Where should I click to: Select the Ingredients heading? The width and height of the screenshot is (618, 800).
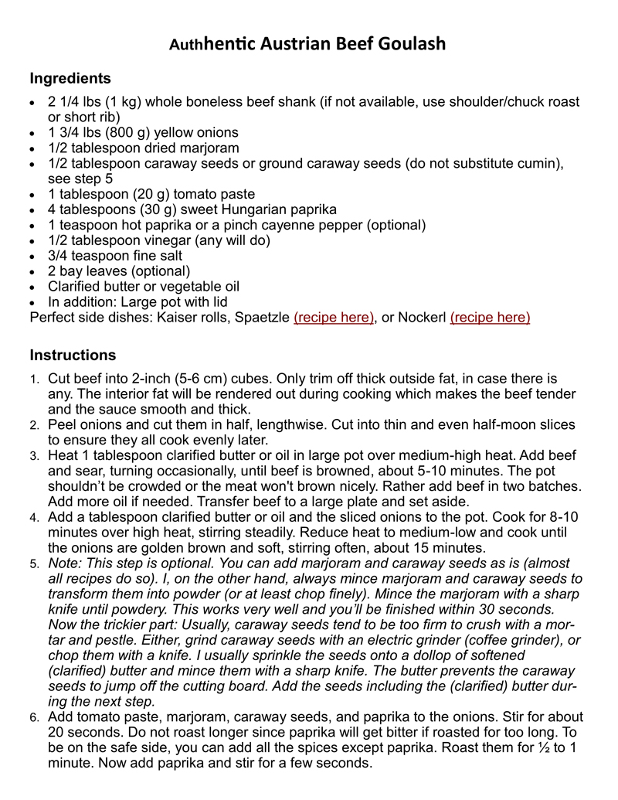point(70,79)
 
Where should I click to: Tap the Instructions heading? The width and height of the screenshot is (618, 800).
point(73,356)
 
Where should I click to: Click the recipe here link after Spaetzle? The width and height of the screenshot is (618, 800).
point(334,318)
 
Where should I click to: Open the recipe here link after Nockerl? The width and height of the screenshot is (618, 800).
point(490,318)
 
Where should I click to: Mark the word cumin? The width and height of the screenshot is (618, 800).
point(539,163)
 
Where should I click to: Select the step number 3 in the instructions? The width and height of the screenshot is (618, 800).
point(34,456)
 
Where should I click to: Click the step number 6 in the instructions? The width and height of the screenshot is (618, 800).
point(34,718)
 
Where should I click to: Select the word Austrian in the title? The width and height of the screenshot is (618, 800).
point(295,44)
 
